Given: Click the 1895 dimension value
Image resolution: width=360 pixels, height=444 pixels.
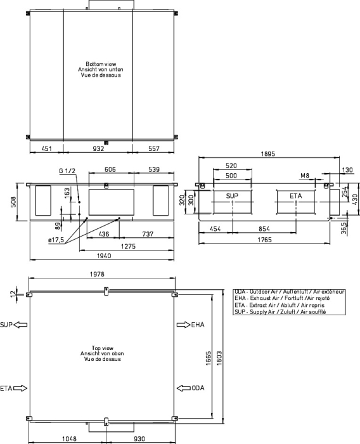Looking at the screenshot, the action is point(267,153).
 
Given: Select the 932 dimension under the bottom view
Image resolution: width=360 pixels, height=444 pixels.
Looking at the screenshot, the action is point(98,148).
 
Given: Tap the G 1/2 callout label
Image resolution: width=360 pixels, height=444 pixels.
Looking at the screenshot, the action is point(67,171).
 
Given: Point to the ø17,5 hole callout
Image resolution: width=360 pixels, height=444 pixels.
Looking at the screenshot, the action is point(56,240).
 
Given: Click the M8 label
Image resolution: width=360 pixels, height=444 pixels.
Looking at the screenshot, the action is point(304,176).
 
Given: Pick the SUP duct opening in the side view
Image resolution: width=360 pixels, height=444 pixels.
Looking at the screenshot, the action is point(233,202).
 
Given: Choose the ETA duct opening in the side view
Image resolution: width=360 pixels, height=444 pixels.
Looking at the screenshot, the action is point(296,202).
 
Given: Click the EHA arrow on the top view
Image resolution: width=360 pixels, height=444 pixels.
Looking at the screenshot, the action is point(183,325).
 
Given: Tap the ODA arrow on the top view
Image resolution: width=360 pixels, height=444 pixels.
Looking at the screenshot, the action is point(183,388).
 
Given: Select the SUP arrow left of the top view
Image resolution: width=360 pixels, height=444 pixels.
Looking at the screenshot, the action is point(20,325).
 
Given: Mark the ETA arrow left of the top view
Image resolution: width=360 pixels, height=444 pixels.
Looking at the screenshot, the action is point(20,388).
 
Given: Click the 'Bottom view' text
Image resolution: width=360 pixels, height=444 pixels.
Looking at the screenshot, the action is point(101,64).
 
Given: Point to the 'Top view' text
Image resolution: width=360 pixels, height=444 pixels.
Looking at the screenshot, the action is point(102,348).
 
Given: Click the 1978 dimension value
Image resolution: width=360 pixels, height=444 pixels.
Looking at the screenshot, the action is point(97,274).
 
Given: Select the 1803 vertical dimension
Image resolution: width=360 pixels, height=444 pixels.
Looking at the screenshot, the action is point(219,358).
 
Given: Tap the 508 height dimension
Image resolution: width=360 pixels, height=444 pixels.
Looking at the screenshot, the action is point(13,202).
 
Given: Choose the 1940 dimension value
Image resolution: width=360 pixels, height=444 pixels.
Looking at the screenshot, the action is point(104,256).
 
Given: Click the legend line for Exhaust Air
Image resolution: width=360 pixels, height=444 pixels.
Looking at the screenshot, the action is point(282,298).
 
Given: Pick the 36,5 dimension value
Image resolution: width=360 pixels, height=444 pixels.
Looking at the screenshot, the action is point(344,228).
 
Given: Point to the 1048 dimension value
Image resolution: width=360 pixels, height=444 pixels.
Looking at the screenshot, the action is point(69,439).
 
